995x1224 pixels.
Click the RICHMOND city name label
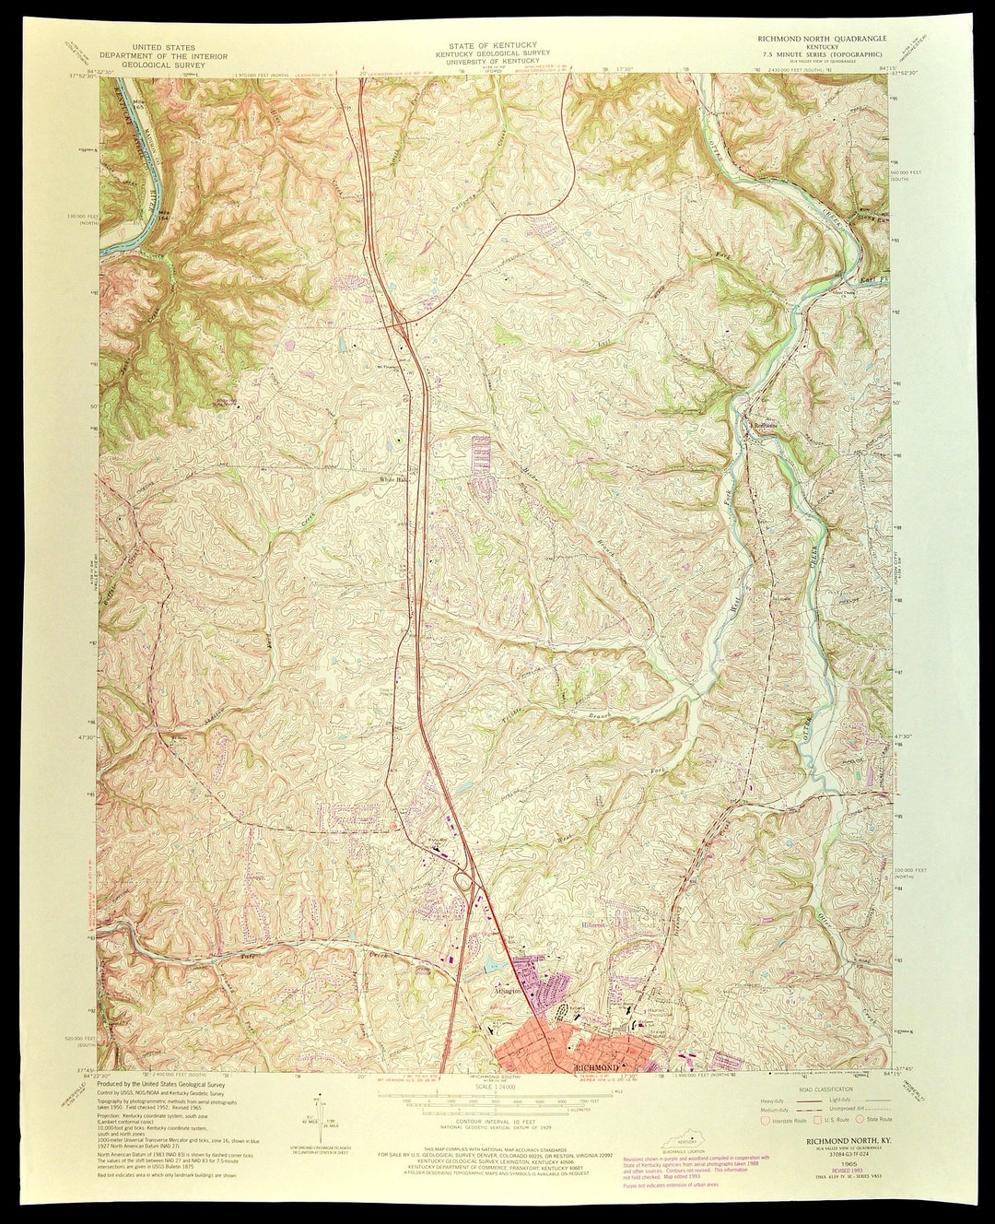[595, 1067]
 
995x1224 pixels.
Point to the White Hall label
[394, 480]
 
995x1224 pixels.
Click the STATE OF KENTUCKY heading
[488, 45]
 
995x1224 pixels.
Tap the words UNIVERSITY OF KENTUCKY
[488, 61]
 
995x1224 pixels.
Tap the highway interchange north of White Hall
[400, 323]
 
